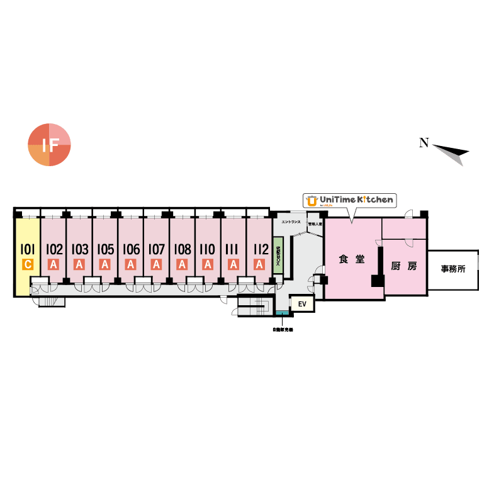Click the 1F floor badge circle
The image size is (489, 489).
(49, 145)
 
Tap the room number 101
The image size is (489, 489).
(28, 249)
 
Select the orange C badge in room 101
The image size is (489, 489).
(28, 264)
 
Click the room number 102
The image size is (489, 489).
(54, 249)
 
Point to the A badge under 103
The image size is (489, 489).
(79, 264)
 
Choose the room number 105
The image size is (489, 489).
(105, 249)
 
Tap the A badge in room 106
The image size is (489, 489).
(131, 264)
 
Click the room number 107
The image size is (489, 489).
(156, 249)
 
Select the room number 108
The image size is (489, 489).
(182, 249)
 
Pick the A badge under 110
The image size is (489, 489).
(207, 264)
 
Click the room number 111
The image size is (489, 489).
(233, 249)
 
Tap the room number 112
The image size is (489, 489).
(259, 249)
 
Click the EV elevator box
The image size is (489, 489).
(302, 305)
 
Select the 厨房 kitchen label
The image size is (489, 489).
(403, 266)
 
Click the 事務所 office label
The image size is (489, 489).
(453, 269)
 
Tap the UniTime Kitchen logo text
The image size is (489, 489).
(356, 200)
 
